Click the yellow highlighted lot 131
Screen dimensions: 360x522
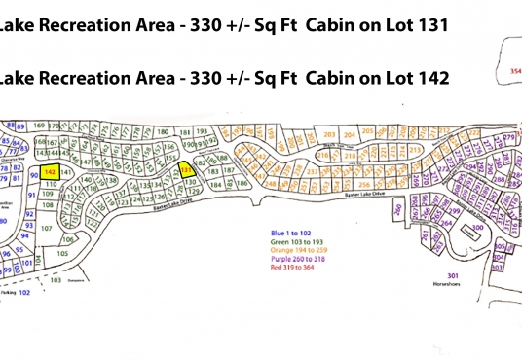click(x=188, y=167)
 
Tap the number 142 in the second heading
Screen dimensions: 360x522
click(x=429, y=79)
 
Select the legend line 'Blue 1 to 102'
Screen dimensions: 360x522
click(x=293, y=234)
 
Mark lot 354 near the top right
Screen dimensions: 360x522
click(x=514, y=72)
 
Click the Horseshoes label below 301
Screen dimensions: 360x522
click(x=447, y=286)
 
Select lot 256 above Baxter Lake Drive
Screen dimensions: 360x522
click(x=361, y=184)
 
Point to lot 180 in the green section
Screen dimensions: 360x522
click(x=158, y=133)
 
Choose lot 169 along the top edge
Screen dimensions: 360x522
click(x=39, y=126)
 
